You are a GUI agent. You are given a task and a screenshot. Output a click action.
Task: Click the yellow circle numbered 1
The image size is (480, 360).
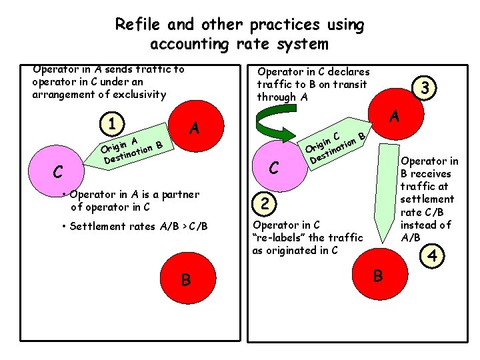(x=115, y=124)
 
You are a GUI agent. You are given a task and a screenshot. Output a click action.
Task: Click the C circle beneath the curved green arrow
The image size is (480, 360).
(x=273, y=167)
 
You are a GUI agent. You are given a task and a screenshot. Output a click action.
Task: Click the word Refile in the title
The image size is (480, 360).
(x=137, y=25)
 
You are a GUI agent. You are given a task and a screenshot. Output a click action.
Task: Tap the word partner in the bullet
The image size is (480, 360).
(x=176, y=195)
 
